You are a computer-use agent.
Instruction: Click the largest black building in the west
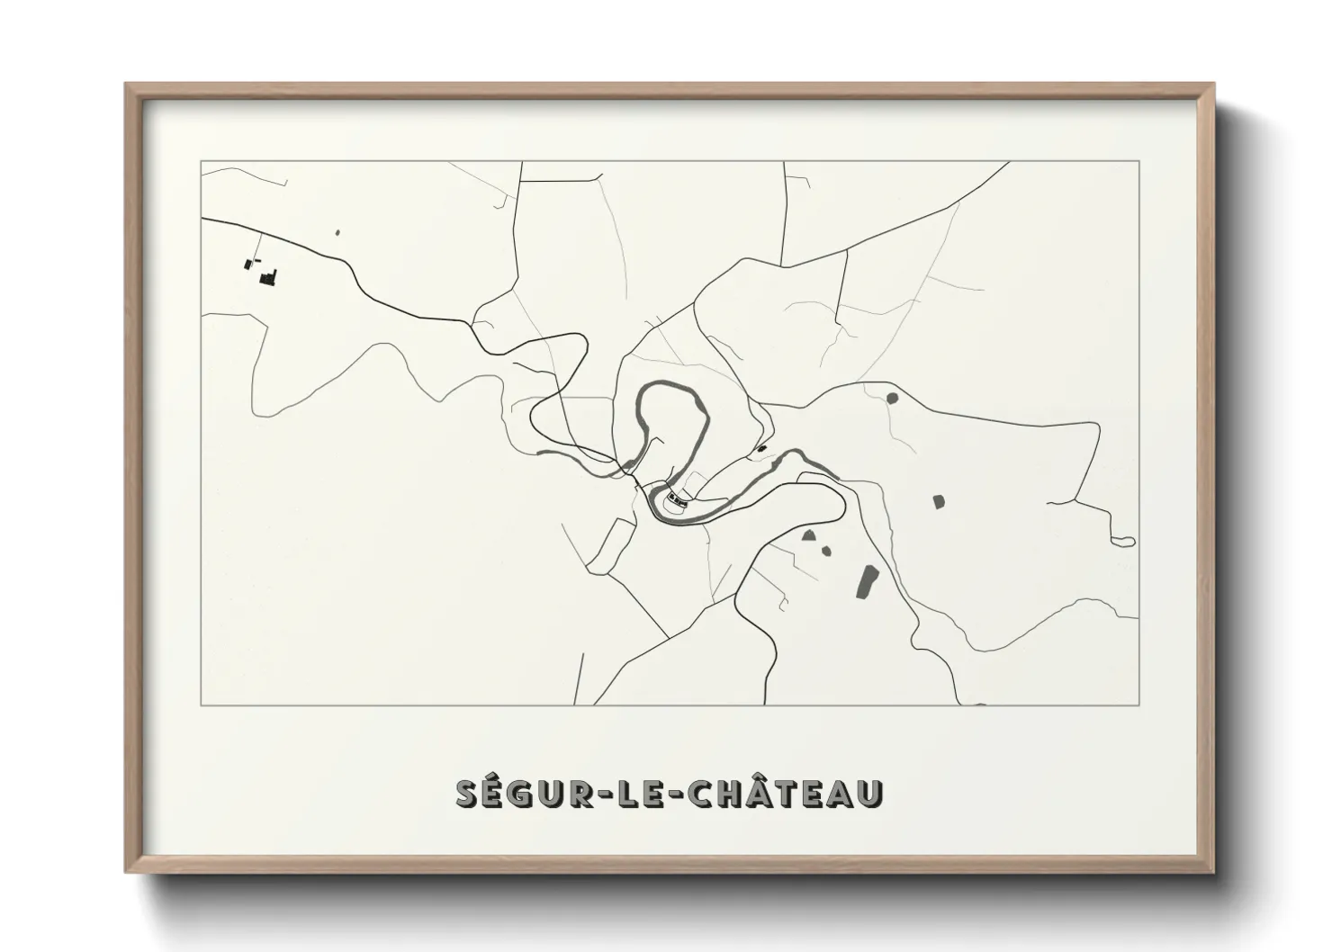267,277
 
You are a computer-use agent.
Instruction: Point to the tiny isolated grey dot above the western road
337,233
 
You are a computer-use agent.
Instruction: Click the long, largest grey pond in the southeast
868,581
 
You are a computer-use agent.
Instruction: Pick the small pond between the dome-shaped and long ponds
826,551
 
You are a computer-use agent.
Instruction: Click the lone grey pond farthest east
938,500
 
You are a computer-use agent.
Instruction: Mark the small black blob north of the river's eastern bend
761,447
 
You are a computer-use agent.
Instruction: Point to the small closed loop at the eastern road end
1123,542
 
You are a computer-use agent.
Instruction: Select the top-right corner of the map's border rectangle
1138,161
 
